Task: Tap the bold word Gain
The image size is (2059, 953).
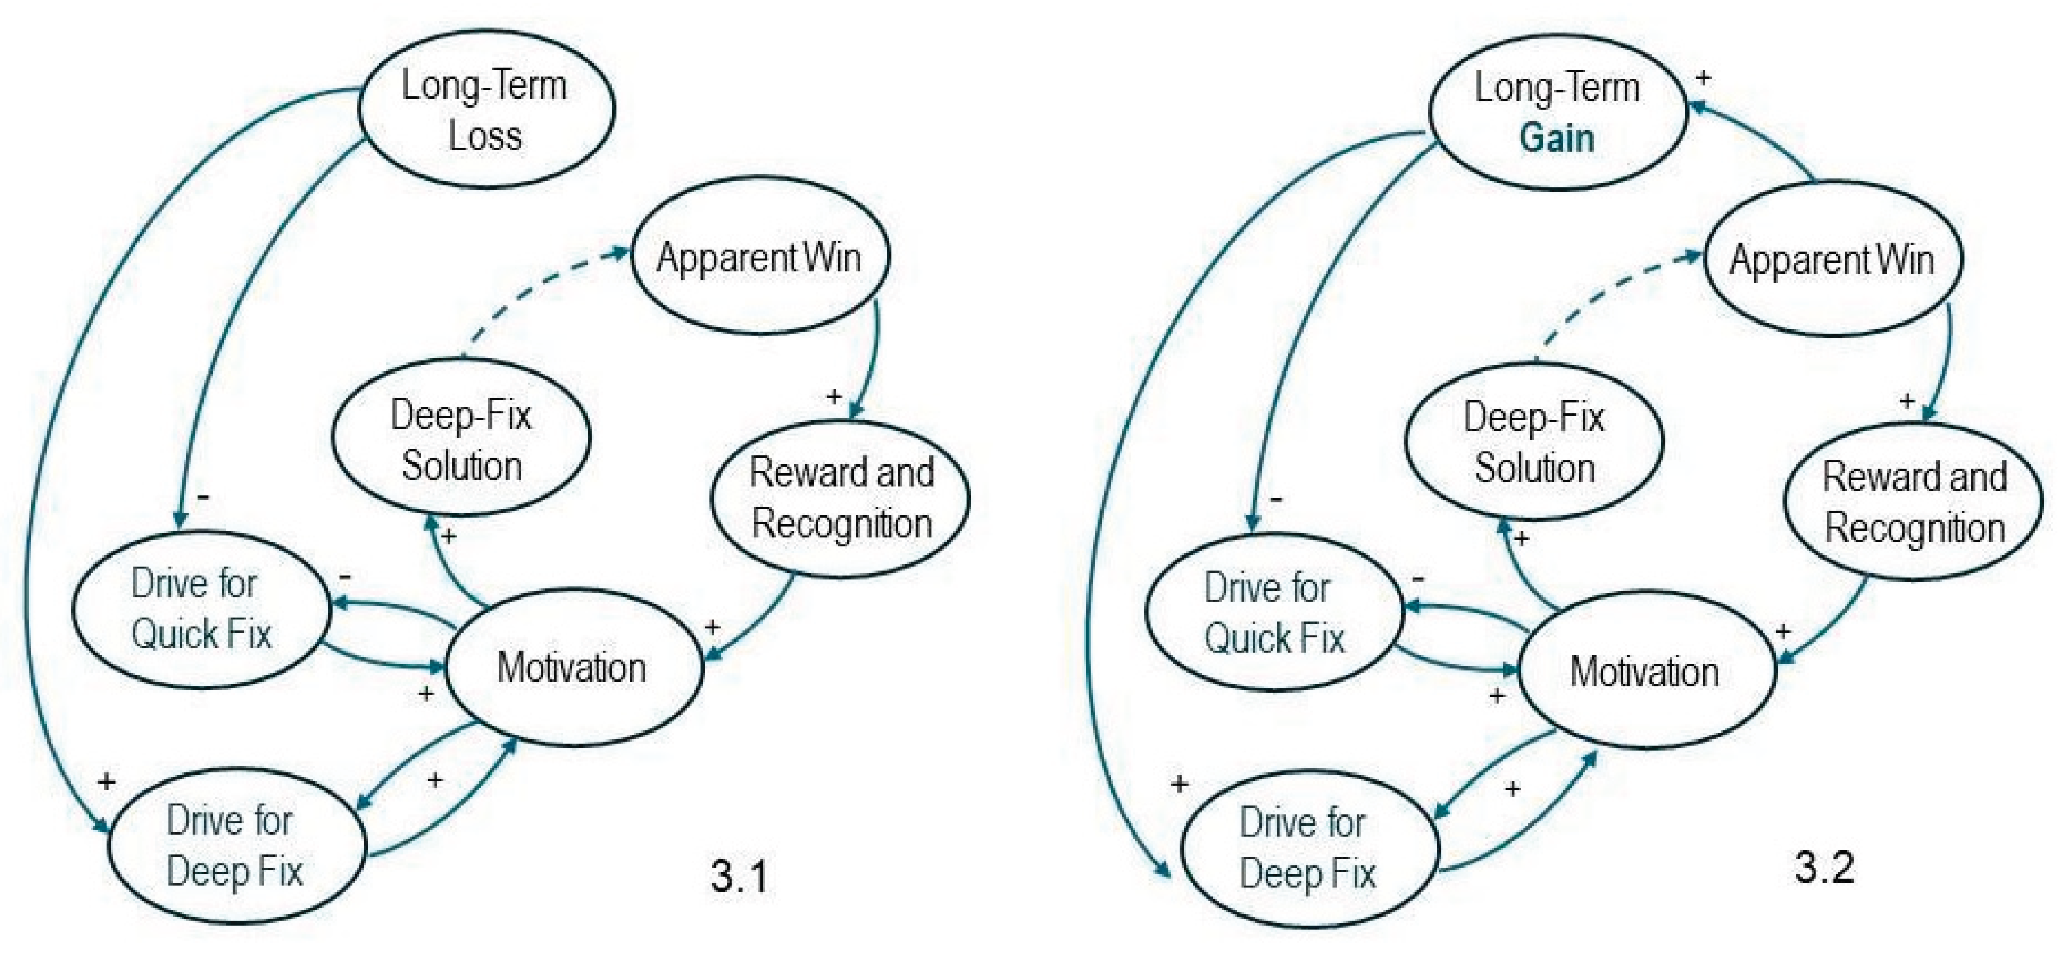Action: pos(1557,137)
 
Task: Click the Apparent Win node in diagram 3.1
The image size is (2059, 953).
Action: pos(759,256)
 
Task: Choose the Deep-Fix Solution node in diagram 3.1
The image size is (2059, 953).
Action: pos(462,439)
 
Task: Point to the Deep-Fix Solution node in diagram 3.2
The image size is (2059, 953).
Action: pos(1534,442)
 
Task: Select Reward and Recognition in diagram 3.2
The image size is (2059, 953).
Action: pos(1914,501)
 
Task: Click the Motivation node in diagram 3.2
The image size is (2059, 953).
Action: pos(1646,671)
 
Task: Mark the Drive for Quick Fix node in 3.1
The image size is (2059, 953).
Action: pos(201,609)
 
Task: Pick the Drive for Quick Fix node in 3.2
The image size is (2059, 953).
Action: pos(1274,613)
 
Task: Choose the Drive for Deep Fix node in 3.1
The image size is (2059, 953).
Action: pos(237,845)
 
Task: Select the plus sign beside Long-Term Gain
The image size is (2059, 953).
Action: pos(1703,77)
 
